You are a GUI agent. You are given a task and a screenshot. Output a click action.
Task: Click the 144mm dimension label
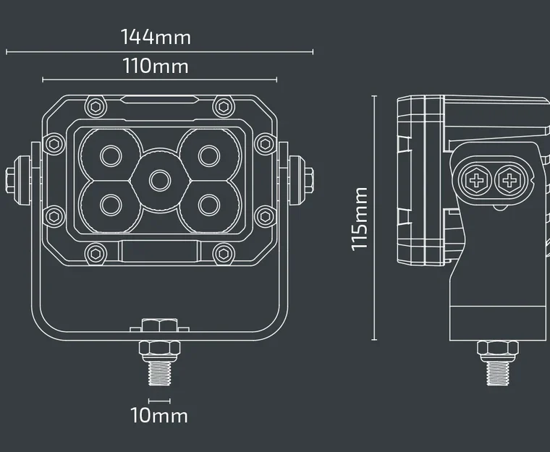(x=156, y=36)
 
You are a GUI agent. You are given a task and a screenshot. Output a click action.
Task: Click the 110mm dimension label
(x=156, y=67)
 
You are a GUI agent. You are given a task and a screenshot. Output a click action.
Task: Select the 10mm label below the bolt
(x=158, y=416)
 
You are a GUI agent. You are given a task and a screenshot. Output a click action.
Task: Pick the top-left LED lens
(x=110, y=154)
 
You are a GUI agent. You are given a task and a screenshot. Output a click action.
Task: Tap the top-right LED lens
(x=208, y=154)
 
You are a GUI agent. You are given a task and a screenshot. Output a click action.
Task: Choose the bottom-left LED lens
(x=110, y=203)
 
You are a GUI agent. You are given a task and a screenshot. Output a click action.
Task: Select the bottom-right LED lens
(x=208, y=203)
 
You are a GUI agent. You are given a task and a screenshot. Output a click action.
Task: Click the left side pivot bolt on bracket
(x=12, y=178)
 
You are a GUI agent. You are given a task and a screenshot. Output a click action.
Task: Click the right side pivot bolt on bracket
(x=307, y=178)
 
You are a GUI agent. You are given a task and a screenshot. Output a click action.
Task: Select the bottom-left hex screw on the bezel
(x=94, y=253)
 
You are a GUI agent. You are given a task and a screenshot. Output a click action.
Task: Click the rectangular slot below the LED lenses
(x=159, y=252)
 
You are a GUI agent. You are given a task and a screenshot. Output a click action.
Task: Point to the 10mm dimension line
(x=158, y=401)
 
